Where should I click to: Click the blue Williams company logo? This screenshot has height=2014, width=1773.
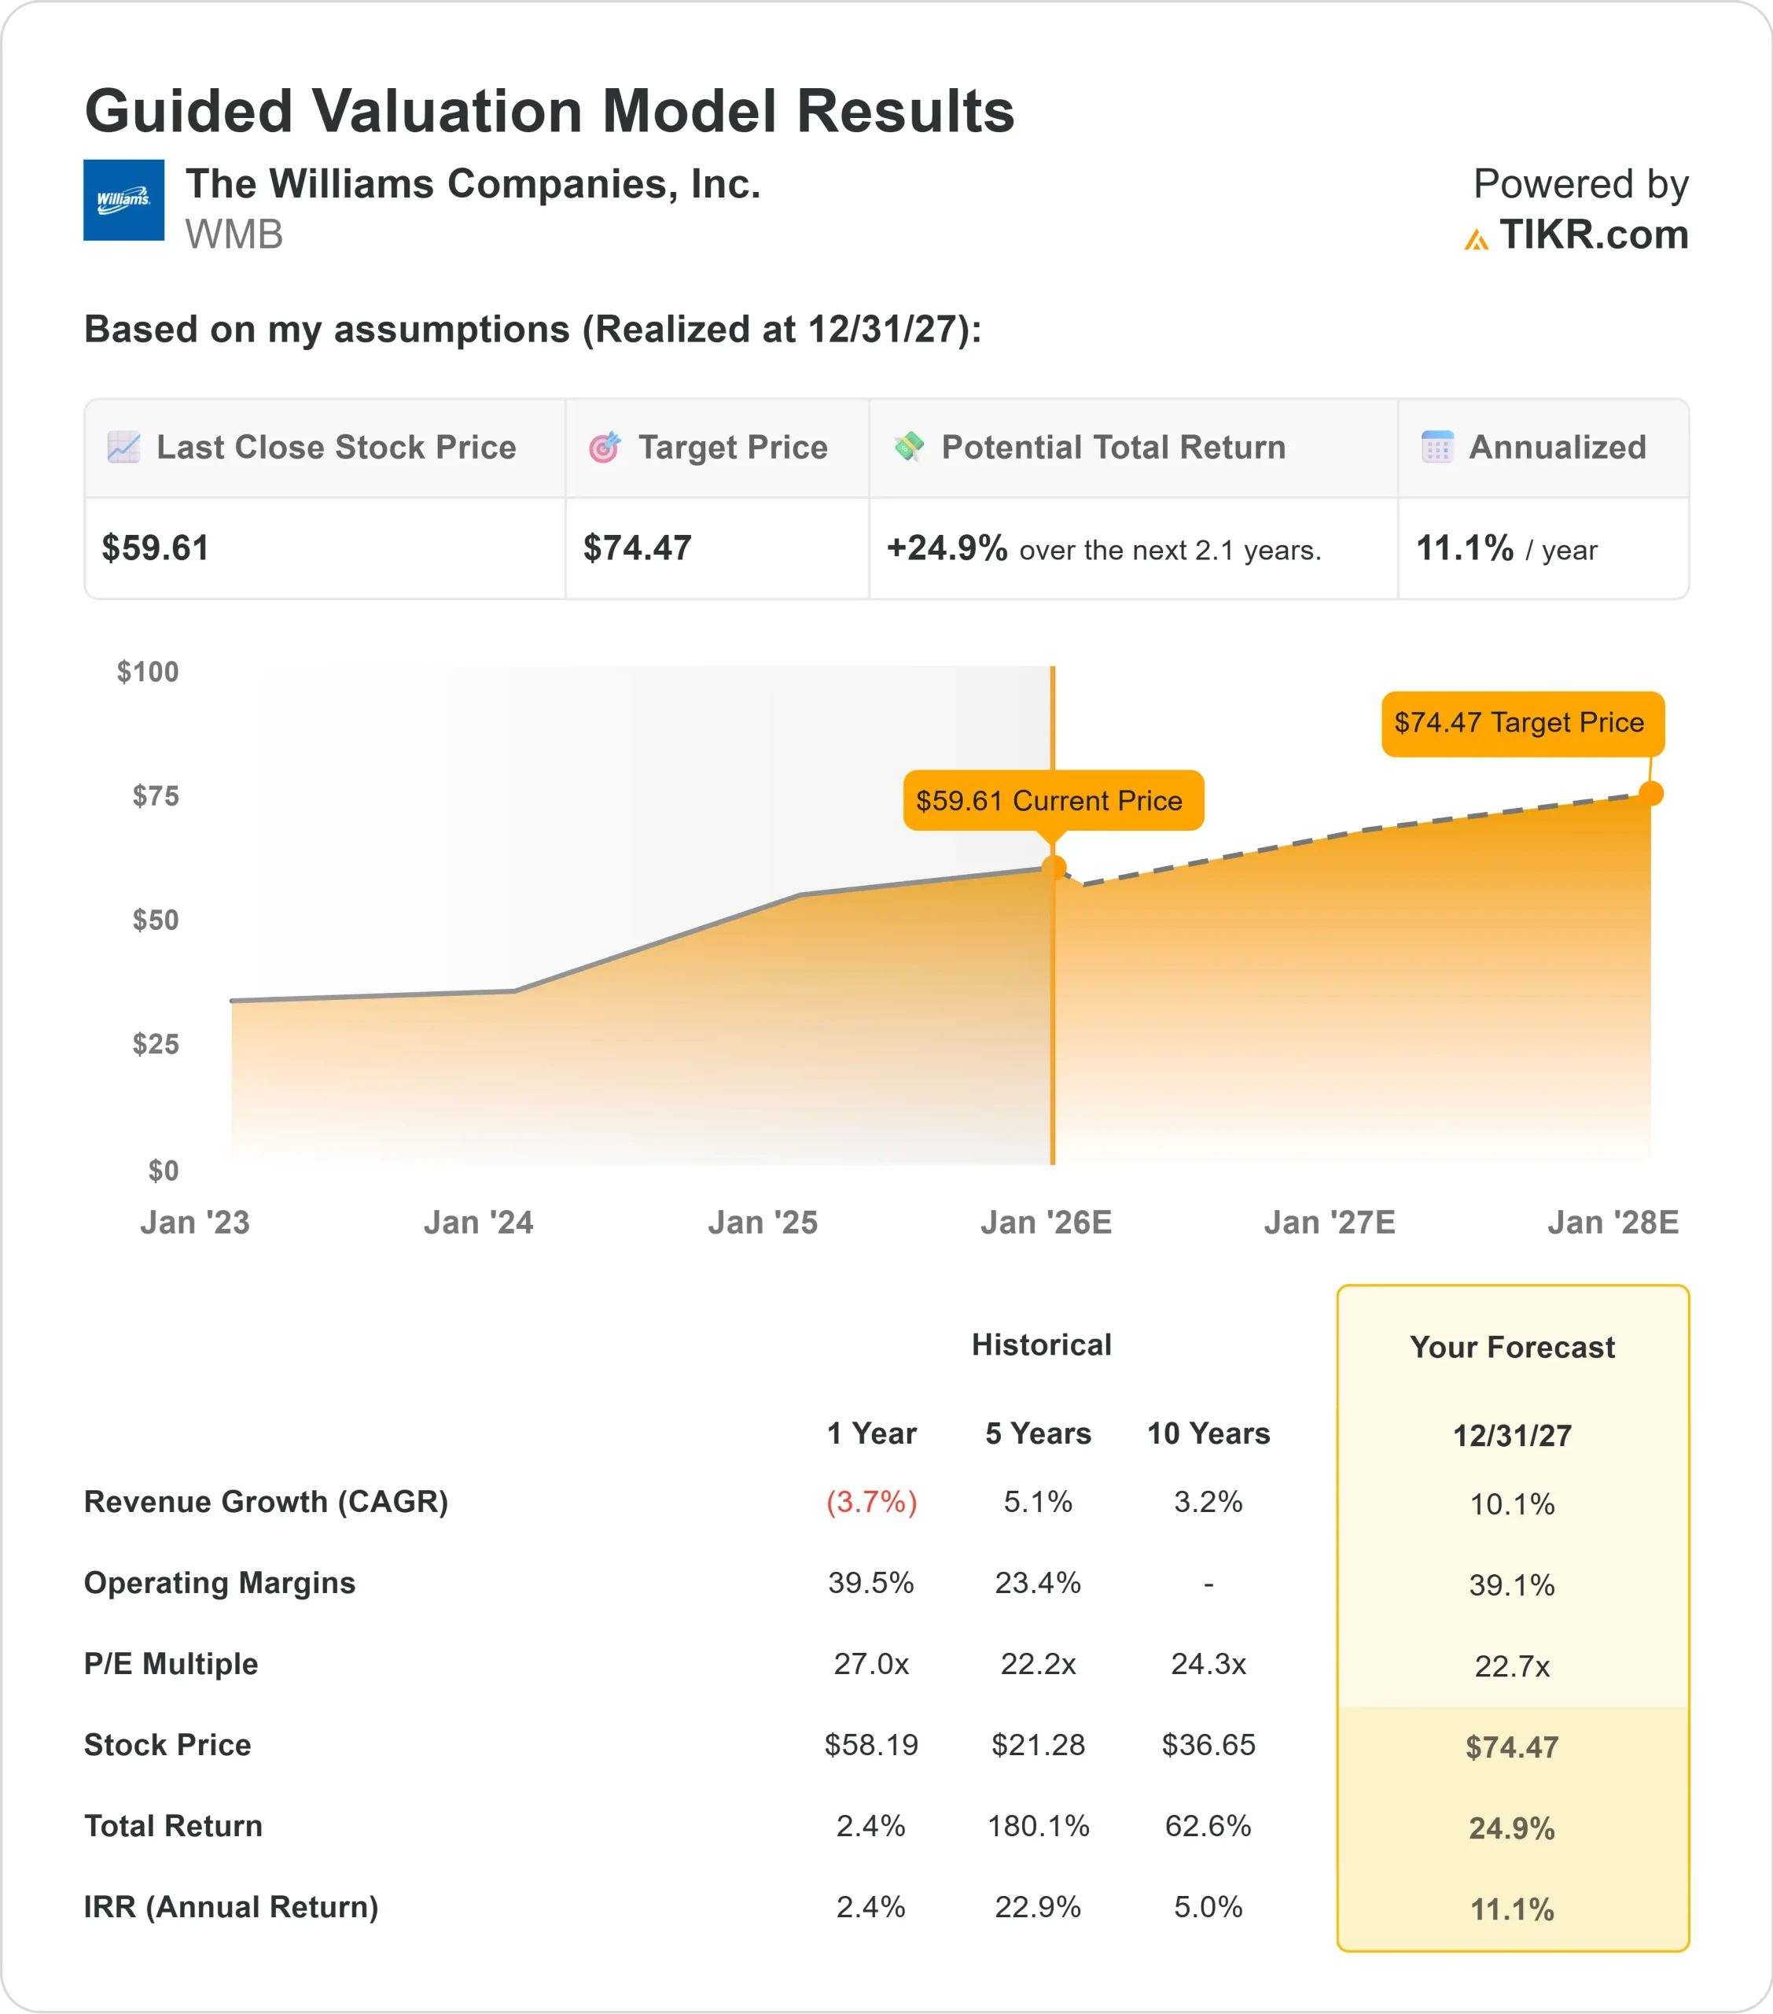[x=123, y=200]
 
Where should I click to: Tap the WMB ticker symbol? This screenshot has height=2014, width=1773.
[x=234, y=235]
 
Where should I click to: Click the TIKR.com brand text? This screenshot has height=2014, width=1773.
[x=1593, y=235]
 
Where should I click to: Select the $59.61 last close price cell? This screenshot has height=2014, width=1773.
[x=156, y=548]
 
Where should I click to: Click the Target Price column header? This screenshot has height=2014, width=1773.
[x=732, y=448]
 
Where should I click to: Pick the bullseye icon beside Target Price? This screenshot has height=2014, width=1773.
[x=604, y=448]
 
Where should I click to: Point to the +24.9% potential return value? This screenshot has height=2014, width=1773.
[x=947, y=548]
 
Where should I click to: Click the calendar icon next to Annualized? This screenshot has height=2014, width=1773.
[x=1437, y=448]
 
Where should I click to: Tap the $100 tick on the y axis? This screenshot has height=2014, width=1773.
[x=148, y=672]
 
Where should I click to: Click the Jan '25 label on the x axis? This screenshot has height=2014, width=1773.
[x=763, y=1223]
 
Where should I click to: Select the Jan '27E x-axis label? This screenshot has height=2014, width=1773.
[x=1329, y=1223]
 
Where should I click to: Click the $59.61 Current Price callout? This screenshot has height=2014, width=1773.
[x=1052, y=800]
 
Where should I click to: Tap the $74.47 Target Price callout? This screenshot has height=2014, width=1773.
[x=1520, y=723]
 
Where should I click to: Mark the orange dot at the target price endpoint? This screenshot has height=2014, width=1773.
[x=1651, y=793]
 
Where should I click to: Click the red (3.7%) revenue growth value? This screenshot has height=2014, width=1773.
[x=870, y=1502]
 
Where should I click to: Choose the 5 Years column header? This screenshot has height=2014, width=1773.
[x=1038, y=1433]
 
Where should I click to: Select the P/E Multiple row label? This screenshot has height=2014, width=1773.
[x=171, y=1664]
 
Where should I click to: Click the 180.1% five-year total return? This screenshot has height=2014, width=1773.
[x=1038, y=1826]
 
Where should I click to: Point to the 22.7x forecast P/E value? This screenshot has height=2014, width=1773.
[x=1512, y=1666]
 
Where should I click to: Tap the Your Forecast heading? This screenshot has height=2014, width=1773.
[x=1512, y=1347]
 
